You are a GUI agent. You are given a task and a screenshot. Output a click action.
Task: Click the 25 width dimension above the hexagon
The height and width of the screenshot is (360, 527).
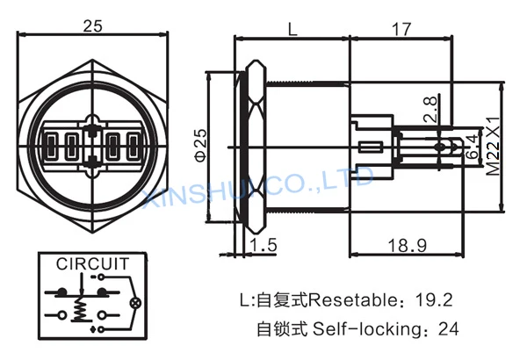click(x=92, y=26)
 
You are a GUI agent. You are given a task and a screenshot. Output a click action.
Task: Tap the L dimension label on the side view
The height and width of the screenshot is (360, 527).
click(x=292, y=29)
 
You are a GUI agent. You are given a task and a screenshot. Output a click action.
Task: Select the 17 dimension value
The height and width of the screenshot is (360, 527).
click(x=401, y=29)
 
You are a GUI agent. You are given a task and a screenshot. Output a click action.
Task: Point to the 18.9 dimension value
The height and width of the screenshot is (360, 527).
click(x=408, y=245)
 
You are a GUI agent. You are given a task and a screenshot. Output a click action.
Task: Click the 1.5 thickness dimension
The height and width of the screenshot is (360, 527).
click(x=263, y=244)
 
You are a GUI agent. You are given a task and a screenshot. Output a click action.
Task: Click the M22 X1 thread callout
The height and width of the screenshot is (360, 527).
click(x=494, y=147)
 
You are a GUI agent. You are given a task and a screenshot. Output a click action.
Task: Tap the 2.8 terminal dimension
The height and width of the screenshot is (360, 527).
click(x=430, y=109)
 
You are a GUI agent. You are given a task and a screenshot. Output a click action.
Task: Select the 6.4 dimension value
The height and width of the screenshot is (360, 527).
click(x=473, y=147)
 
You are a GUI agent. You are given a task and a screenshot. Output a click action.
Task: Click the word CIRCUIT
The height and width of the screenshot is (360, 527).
click(x=93, y=264)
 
